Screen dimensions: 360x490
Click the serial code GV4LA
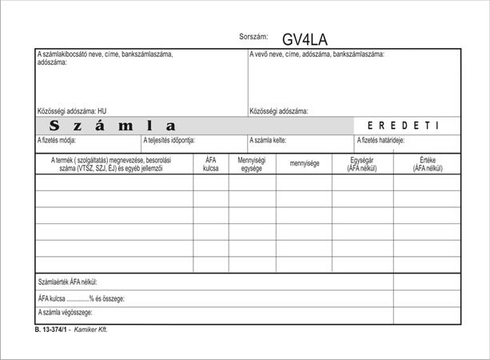point(305,39)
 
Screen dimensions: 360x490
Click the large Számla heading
point(112,126)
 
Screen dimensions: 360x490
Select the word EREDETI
point(403,126)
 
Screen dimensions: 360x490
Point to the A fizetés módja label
point(57,140)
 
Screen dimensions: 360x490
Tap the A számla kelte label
point(269,140)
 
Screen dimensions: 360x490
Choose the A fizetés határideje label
point(380,140)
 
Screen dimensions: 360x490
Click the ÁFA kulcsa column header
point(210,164)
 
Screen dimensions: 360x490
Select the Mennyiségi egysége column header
point(252,164)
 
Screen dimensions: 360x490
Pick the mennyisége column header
point(304,164)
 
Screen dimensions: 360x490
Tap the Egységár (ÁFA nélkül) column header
point(362,164)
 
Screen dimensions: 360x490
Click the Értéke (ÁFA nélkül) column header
point(426,164)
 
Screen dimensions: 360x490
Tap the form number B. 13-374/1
point(50,329)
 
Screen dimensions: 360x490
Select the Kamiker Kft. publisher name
point(90,329)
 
